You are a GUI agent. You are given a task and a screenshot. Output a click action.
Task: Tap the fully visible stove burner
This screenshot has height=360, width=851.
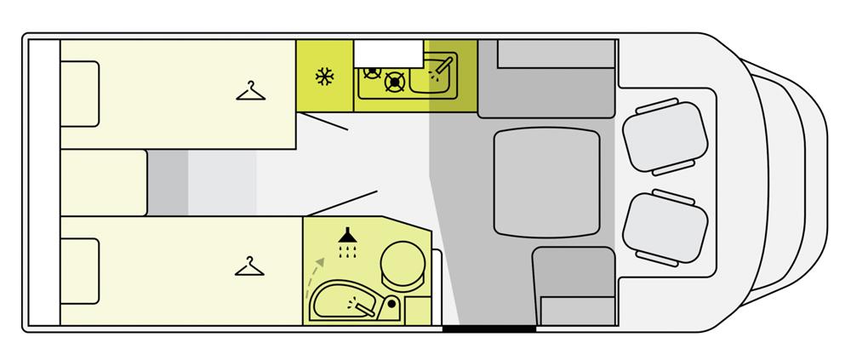point(393,82)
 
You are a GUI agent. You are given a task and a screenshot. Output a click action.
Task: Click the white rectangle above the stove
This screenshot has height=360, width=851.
point(390,53)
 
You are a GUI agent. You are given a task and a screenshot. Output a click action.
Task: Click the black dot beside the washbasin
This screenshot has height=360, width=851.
point(391,302)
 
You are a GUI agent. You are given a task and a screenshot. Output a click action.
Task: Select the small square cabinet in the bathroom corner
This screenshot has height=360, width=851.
point(416,310)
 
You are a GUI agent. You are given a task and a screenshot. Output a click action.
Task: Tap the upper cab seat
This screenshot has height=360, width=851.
point(666,134)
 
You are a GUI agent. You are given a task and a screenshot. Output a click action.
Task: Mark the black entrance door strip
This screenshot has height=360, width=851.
point(489,328)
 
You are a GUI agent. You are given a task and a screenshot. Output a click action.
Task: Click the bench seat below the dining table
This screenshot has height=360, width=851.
point(574,285)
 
